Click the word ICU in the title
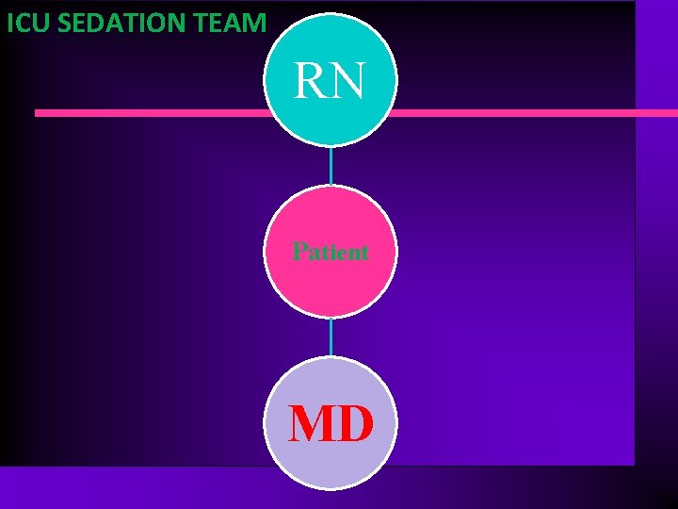click(27, 23)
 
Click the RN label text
click(330, 81)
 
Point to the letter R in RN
click(312, 81)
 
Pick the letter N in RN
click(347, 81)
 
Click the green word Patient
click(331, 252)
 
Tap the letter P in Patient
click(299, 252)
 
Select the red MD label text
click(331, 424)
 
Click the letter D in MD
click(355, 424)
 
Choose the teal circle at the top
click(331, 47)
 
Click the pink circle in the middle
click(331, 283)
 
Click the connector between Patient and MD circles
click(331, 337)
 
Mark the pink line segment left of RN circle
click(151, 113)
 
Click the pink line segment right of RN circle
click(527, 113)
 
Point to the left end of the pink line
click(38, 113)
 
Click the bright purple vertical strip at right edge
click(655, 283)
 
